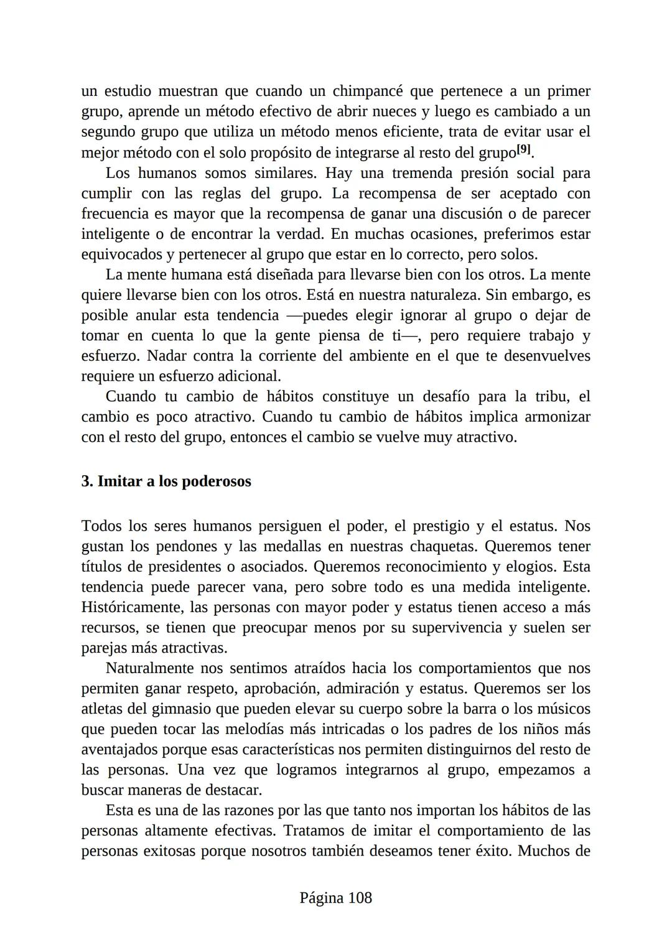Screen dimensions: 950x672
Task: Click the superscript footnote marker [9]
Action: coord(524,149)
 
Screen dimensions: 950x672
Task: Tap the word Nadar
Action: coord(166,356)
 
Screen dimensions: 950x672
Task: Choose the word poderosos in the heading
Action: coord(217,482)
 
